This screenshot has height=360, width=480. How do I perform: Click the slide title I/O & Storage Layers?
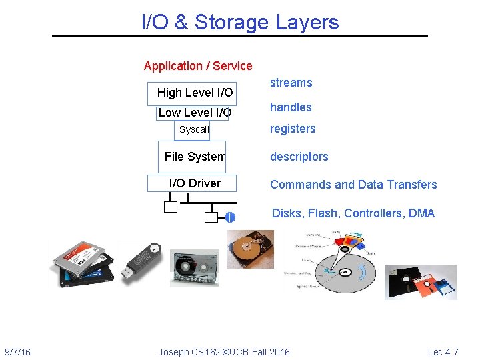click(240, 22)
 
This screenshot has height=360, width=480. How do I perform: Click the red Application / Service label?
click(198, 66)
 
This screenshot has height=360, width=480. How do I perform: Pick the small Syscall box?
click(193, 130)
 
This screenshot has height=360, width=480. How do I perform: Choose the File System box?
click(193, 157)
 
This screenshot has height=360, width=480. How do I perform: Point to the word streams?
click(291, 83)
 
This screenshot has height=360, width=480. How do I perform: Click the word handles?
click(291, 107)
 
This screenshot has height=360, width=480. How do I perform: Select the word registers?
click(293, 129)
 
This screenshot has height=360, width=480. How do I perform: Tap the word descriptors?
click(299, 157)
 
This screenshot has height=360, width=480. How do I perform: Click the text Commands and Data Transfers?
click(353, 185)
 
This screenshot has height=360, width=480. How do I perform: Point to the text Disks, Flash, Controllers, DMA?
click(353, 213)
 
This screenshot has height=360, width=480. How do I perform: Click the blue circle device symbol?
click(230, 217)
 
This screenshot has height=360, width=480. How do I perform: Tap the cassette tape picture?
click(194, 269)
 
